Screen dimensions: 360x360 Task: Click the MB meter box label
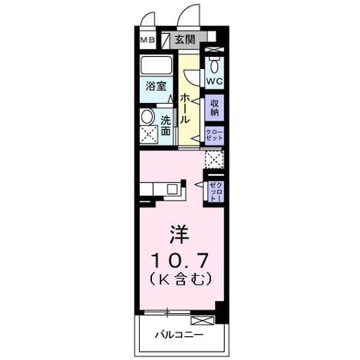(x=147, y=40)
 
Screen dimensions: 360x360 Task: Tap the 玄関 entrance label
(x=185, y=40)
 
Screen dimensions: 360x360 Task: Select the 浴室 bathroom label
(x=156, y=86)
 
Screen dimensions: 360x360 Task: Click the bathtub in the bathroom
(x=156, y=65)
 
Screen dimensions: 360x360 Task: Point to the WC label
(x=214, y=81)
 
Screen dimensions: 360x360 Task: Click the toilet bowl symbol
(x=214, y=66)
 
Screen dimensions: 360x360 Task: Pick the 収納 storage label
(x=215, y=107)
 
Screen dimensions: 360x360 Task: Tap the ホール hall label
(x=185, y=108)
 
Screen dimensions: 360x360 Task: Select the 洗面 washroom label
(x=165, y=125)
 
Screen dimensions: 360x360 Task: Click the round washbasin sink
(x=147, y=117)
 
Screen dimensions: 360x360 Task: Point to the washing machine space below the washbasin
(x=149, y=134)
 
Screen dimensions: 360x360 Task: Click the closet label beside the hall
(x=215, y=135)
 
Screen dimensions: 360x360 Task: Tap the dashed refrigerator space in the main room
(x=214, y=160)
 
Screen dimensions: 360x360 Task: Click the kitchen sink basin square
(x=172, y=190)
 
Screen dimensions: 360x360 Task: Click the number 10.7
(x=180, y=260)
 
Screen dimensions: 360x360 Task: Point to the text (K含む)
(x=181, y=279)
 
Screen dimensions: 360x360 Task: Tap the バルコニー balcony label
(x=180, y=335)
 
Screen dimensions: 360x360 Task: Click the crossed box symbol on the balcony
(x=203, y=321)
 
